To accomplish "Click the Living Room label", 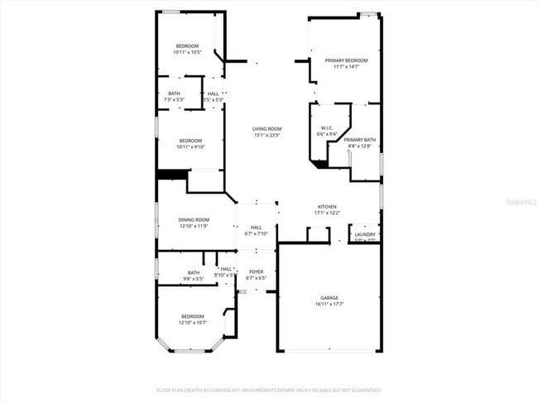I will point(267,128).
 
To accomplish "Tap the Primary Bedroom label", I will point(346,60).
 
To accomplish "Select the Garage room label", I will point(329,297).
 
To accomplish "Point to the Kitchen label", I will point(327,207).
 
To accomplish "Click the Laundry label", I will point(365,234).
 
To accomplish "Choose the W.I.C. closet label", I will point(327,127).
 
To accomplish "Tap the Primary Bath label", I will point(360,140).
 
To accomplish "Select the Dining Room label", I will point(193,219).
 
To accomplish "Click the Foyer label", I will point(257,272).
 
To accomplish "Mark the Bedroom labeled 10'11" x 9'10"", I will point(190,141).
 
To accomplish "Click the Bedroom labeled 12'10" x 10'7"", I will point(193,316).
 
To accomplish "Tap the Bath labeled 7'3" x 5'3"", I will point(174,94).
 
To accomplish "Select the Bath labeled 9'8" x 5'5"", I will point(194,272).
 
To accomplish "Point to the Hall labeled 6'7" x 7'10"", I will point(257,228).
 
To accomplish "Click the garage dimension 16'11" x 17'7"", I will point(329,305).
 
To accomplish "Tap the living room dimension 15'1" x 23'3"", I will point(267,135).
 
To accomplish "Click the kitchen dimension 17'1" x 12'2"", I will point(327,214).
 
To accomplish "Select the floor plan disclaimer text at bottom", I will point(269,389).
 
